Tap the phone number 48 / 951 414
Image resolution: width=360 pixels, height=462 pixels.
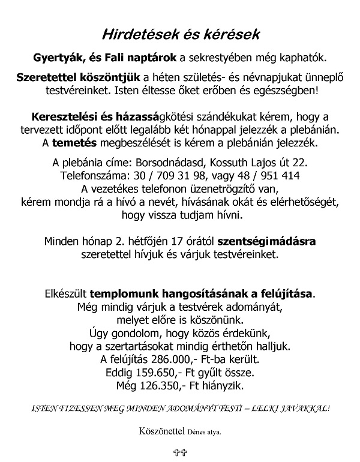coord(269,176)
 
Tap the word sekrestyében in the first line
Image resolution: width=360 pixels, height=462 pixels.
coord(230,58)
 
